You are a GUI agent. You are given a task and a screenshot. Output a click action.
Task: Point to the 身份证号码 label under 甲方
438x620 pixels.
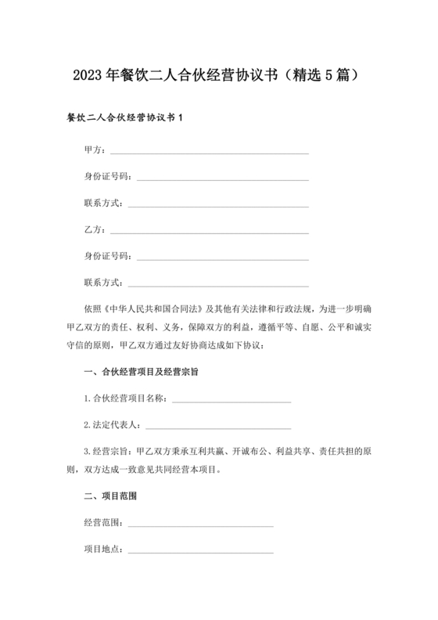pos(106,177)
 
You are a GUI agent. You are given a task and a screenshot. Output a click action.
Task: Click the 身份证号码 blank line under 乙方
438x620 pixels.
pos(222,258)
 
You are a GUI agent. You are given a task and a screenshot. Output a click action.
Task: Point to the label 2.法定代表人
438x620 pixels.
pos(111,425)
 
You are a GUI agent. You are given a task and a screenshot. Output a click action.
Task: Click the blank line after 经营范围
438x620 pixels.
pos(200,524)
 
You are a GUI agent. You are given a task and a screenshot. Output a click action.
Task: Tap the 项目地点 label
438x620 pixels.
pos(102,550)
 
